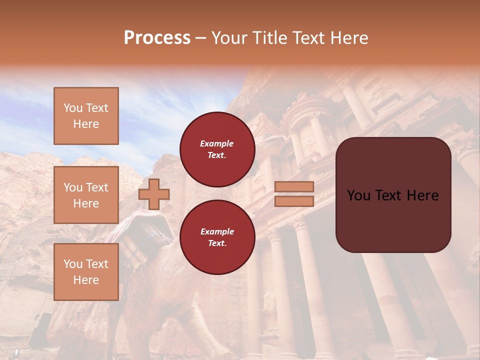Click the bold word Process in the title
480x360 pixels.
pos(157,38)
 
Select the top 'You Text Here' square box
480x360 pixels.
pos(86,116)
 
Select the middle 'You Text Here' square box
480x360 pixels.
pos(86,195)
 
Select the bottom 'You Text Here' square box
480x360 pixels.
pos(86,271)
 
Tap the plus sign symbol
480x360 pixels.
pos(153,194)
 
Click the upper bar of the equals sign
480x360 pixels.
pos(294,186)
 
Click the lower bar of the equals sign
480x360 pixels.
pos(294,201)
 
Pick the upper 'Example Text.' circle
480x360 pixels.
pos(217,149)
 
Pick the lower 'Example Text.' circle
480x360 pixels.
pos(217,237)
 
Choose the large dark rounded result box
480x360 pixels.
pos(393,194)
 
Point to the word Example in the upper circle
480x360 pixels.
pos(216,143)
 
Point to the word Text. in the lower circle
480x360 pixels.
pos(217,243)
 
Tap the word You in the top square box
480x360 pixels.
pos(72,108)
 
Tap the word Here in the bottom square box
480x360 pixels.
pos(86,280)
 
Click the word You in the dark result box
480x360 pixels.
pos(358,195)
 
